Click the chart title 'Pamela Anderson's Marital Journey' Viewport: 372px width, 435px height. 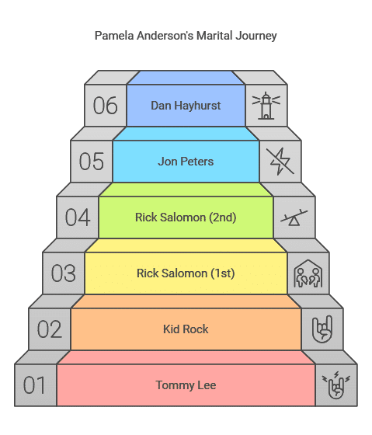[x=186, y=36]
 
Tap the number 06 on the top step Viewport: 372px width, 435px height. [x=105, y=106]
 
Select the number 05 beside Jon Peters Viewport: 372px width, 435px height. [x=92, y=162]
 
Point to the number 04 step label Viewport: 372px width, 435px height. [x=78, y=217]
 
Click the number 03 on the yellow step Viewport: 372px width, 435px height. [x=63, y=273]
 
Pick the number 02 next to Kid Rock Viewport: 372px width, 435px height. [x=50, y=329]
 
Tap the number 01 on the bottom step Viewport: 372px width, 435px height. [x=34, y=385]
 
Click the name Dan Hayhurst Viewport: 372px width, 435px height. [x=186, y=106]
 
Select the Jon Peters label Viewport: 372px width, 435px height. [x=186, y=162]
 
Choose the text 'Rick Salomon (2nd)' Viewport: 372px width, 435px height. [x=186, y=217]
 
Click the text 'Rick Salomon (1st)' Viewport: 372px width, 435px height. [x=186, y=273]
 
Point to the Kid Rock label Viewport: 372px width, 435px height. [x=186, y=329]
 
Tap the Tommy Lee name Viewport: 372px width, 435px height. [x=186, y=385]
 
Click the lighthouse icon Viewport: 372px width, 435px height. [x=266, y=106]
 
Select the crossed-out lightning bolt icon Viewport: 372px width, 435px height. [x=280, y=162]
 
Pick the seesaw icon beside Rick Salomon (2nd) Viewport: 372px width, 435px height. [x=294, y=217]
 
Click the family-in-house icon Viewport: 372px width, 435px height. [x=308, y=273]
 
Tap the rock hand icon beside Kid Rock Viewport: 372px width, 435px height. [x=322, y=329]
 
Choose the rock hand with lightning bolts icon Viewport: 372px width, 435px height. [x=336, y=385]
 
